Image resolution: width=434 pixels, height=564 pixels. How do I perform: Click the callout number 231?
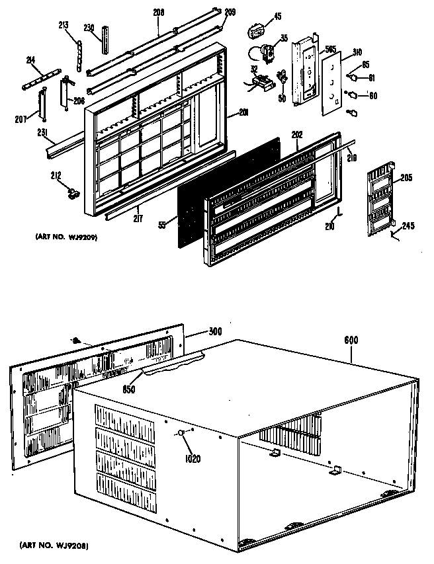pos(44,132)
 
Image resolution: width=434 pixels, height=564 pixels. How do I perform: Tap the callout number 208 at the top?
pos(159,13)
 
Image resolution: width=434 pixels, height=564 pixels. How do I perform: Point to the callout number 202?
pos(297,134)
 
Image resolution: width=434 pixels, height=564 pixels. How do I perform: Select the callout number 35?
pos(283,38)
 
